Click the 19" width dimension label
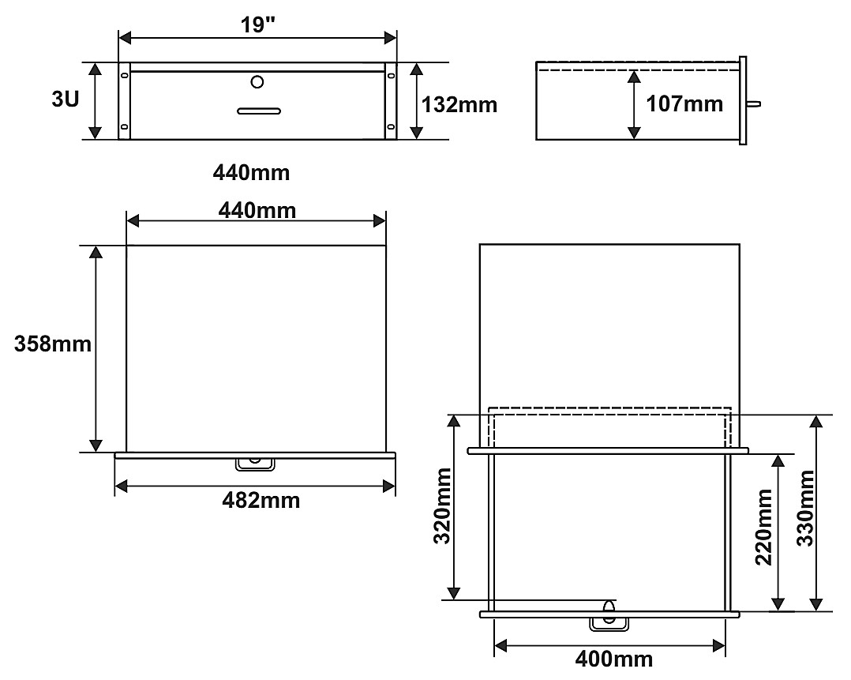pos(258,24)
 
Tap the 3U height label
pos(65,99)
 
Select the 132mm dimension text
pos(459,104)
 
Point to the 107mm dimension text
pos(684,103)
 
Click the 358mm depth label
pos(53,344)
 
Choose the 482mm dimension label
pos(261,500)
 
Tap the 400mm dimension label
pos(614,659)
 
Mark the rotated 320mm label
pos(442,505)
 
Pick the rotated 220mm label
pos(764,527)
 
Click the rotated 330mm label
pos(805,508)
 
